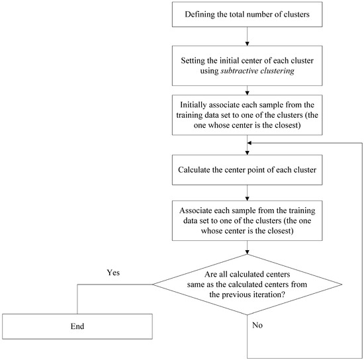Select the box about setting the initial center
(247, 65)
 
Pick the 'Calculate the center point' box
(247, 169)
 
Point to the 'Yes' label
(113, 273)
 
